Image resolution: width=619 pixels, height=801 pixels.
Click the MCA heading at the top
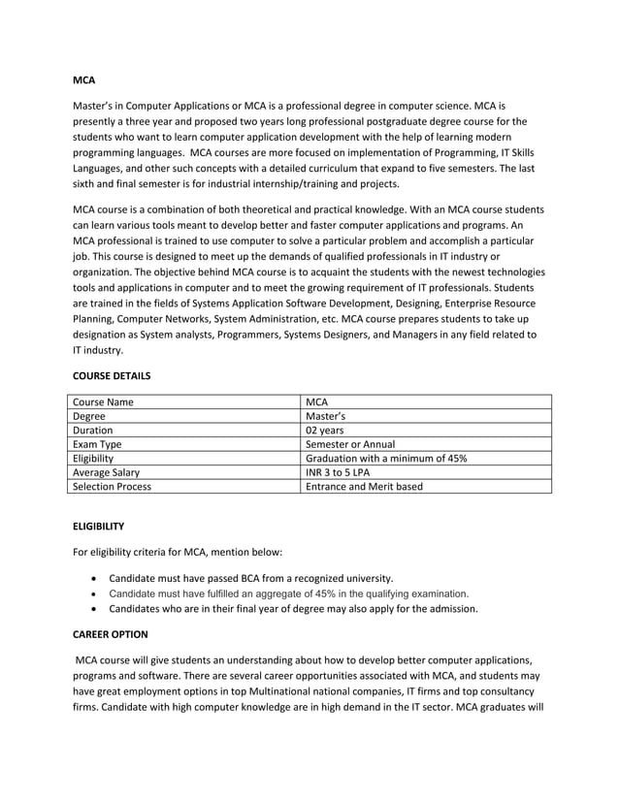pos(84,79)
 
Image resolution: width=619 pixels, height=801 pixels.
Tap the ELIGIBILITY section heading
pos(99,526)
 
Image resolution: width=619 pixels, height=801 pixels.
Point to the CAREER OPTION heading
pos(111,634)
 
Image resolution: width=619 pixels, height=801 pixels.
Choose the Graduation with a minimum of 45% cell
pos(386,458)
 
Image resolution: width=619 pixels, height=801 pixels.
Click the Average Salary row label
pos(107,472)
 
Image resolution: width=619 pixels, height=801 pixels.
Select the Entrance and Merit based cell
pos(364,487)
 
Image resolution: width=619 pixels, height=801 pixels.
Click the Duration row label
pos(93,430)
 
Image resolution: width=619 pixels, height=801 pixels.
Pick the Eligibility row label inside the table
pos(93,458)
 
